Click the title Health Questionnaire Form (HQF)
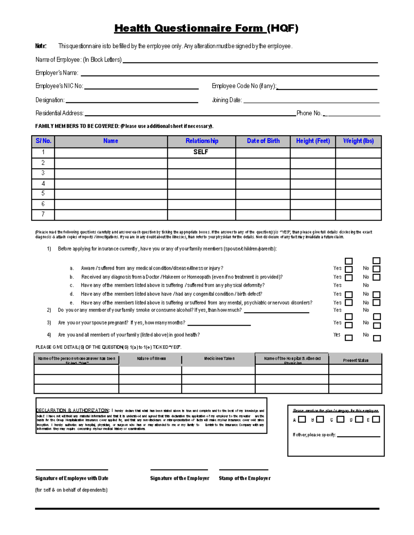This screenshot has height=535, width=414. point(206,28)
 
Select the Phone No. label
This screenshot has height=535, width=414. point(309,113)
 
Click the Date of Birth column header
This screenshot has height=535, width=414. point(263,141)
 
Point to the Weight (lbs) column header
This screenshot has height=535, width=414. point(358,141)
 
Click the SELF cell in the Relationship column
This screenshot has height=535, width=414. point(201,152)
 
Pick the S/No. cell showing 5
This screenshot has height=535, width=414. point(43,194)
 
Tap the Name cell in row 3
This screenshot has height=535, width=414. point(111,173)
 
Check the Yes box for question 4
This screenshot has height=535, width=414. point(349,338)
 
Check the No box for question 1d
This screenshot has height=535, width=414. point(377,295)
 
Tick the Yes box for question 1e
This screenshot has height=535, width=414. point(349,303)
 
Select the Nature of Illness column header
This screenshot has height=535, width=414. point(151,359)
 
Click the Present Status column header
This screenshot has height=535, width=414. point(355,360)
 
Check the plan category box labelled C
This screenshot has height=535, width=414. point(341,419)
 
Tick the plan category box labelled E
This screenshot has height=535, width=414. point(376,419)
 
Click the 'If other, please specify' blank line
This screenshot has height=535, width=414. point(358,436)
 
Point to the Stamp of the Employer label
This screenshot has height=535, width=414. point(244,478)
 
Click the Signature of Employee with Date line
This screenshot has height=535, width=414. point(72,469)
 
